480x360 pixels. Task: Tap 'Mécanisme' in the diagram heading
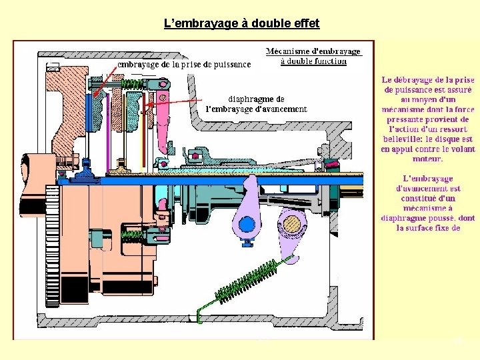pyautogui.click(x=288, y=51)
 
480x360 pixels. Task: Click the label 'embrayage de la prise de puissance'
pyautogui.click(x=184, y=65)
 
